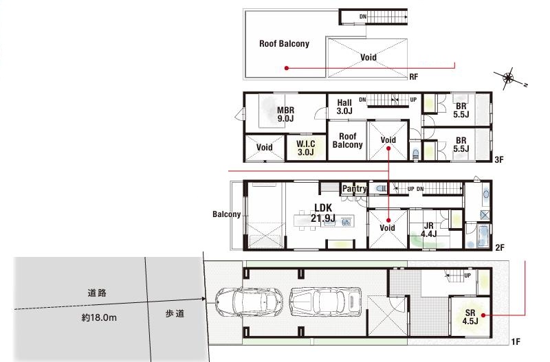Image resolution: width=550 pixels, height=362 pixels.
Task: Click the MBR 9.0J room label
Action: [x=285, y=115]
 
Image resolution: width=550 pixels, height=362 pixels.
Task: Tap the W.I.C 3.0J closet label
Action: [x=305, y=148]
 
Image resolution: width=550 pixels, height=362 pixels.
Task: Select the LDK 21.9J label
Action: [x=322, y=213]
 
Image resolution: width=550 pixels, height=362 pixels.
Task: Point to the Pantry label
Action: [x=354, y=188]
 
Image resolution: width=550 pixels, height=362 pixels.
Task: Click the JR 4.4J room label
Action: [x=428, y=230]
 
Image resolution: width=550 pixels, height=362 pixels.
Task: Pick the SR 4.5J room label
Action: [x=470, y=317]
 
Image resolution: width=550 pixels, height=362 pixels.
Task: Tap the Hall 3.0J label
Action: [x=344, y=107]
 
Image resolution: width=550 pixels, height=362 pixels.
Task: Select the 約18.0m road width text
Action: [x=99, y=318]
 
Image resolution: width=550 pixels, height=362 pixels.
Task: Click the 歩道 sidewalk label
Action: [x=175, y=314]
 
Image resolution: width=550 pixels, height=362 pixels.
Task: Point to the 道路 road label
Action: [x=97, y=293]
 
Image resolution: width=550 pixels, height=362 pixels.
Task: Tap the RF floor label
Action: [x=414, y=76]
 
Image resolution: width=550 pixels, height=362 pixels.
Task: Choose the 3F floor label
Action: [x=499, y=160]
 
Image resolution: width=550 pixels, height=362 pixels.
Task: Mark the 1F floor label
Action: [x=515, y=341]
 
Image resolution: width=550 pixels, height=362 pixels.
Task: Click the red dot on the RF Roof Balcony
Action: [x=287, y=68]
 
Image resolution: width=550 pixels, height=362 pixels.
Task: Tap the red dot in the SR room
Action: [x=483, y=315]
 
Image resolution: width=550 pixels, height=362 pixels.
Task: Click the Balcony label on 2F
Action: [x=227, y=214]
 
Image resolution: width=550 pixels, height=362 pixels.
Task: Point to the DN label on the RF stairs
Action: [x=363, y=16]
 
